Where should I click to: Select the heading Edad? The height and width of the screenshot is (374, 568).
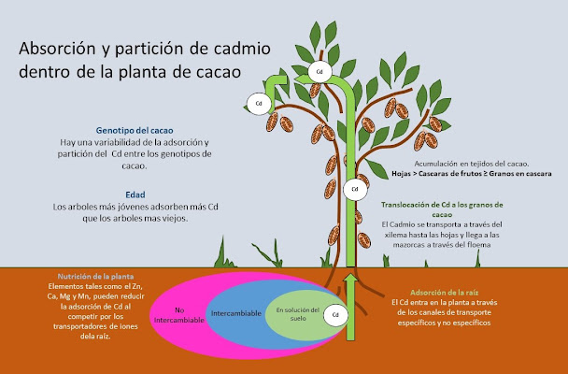(x=135, y=194)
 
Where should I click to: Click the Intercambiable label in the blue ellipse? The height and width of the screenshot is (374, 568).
(x=237, y=313)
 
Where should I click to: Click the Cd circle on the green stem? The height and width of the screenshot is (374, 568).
(x=353, y=190)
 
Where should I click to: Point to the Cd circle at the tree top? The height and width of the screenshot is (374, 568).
(x=319, y=70)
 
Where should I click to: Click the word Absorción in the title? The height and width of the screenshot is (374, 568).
(x=68, y=47)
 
